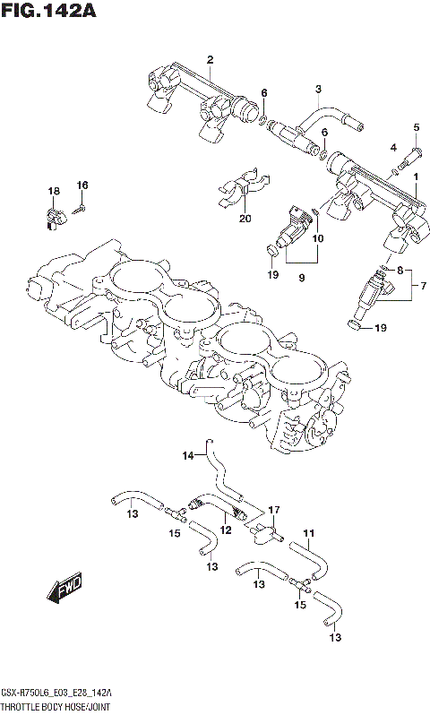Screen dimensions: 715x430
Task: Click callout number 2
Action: click(x=210, y=60)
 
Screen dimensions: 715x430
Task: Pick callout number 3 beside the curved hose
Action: click(x=318, y=89)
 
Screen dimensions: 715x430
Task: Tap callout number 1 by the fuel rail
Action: click(x=415, y=177)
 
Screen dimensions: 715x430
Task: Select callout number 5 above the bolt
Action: click(x=416, y=126)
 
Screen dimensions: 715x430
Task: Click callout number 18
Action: click(x=54, y=192)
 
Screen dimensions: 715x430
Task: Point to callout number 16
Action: click(x=82, y=185)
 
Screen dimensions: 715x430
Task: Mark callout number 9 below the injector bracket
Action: click(x=302, y=278)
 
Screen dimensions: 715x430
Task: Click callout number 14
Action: click(x=189, y=456)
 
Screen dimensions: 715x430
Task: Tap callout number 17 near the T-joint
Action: click(x=274, y=509)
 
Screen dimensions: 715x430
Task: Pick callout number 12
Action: click(x=226, y=530)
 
